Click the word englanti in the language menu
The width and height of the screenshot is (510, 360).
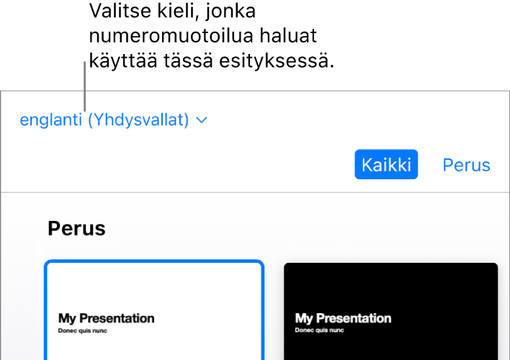click(x=50, y=120)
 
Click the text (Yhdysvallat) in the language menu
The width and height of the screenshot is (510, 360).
click(x=138, y=120)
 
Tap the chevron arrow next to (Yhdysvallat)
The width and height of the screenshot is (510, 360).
click(x=202, y=120)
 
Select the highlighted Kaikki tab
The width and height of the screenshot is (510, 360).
click(x=386, y=165)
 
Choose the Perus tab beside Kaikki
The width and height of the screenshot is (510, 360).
click(x=466, y=165)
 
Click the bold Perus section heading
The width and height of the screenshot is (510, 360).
click(x=76, y=229)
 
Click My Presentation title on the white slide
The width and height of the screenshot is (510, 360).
click(x=107, y=318)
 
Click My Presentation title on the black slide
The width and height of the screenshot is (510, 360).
click(x=344, y=318)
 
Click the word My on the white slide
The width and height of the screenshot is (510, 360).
click(x=67, y=318)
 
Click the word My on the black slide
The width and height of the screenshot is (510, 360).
click(x=304, y=318)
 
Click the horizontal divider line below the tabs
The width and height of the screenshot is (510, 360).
click(x=255, y=192)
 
